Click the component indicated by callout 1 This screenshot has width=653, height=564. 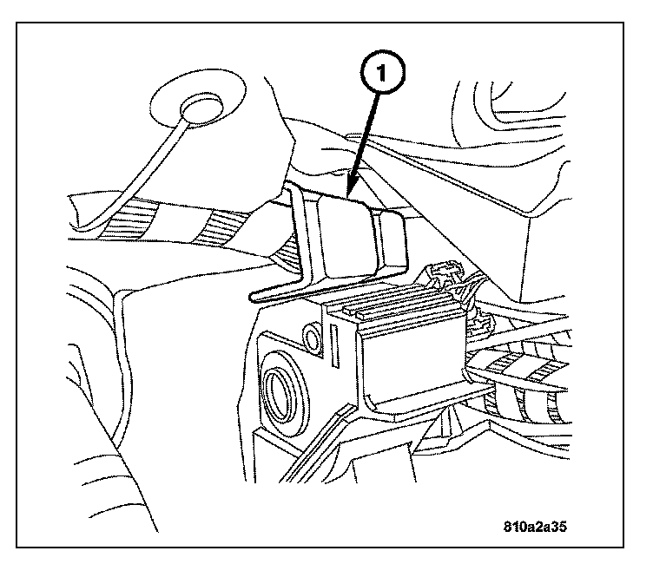tap(343, 234)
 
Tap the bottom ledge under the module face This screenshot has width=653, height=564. tap(417, 401)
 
